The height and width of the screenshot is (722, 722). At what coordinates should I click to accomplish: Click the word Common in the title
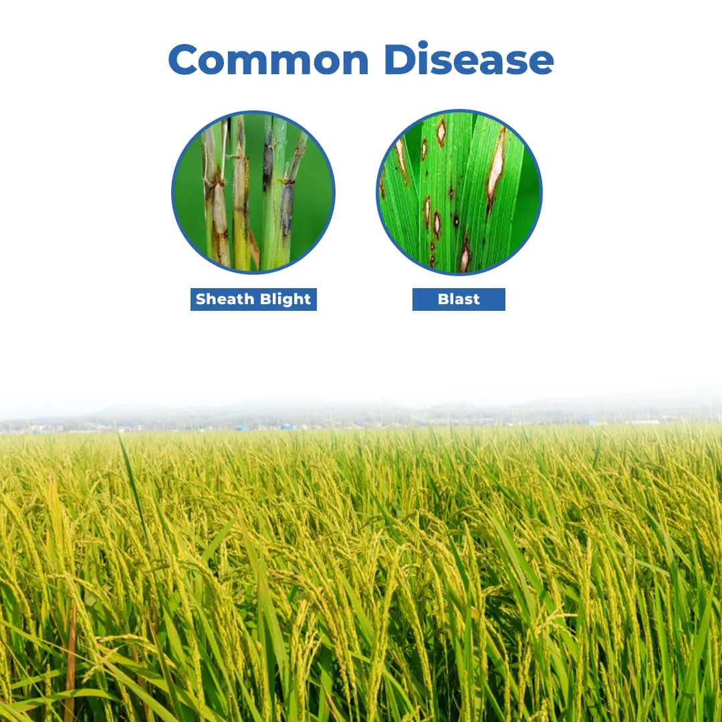pyautogui.click(x=267, y=59)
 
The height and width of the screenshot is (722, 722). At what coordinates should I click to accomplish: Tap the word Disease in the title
pyautogui.click(x=469, y=59)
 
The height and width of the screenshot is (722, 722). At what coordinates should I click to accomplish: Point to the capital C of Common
pyautogui.click(x=185, y=59)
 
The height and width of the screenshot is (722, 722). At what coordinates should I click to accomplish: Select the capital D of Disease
pyautogui.click(x=399, y=59)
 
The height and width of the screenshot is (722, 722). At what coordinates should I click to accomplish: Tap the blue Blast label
pyautogui.click(x=459, y=299)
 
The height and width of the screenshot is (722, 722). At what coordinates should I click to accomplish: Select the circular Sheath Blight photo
pyautogui.click(x=253, y=192)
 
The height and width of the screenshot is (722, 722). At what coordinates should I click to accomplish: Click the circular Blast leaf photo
pyautogui.click(x=459, y=192)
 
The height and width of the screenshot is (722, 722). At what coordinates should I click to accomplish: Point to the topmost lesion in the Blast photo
pyautogui.click(x=441, y=132)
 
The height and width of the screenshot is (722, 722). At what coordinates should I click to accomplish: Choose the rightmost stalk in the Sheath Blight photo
pyautogui.click(x=289, y=194)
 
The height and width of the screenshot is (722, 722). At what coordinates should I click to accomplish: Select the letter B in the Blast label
pyautogui.click(x=443, y=299)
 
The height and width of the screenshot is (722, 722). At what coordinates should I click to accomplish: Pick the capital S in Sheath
pyautogui.click(x=201, y=299)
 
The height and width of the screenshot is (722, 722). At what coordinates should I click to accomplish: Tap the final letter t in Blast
pyautogui.click(x=476, y=299)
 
